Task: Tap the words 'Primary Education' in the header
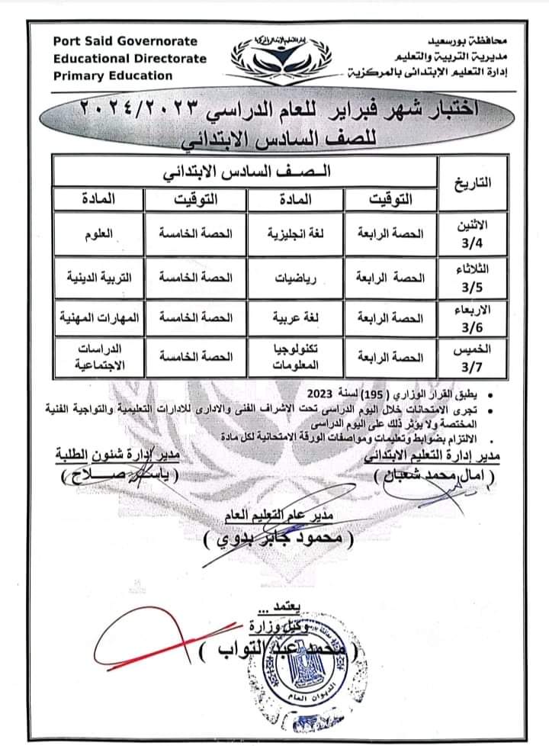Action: point(113,76)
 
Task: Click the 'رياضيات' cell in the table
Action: point(296,278)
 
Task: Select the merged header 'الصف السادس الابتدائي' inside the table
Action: point(245,172)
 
